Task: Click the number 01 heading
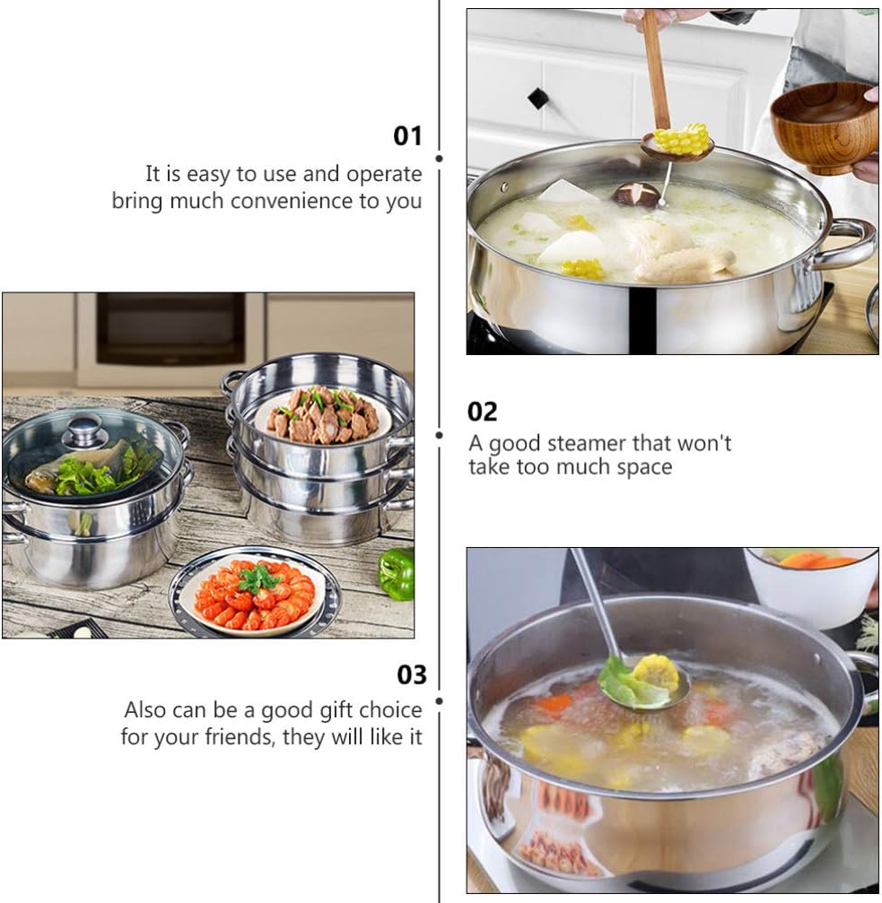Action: [x=407, y=136]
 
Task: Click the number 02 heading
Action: [x=482, y=412]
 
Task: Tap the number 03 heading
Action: [x=411, y=674]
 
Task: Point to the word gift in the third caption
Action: [x=340, y=710]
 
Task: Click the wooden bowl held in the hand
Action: [x=825, y=127]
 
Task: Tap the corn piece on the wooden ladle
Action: [x=680, y=139]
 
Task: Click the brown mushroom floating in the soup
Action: [x=635, y=194]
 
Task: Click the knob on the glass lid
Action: [x=85, y=430]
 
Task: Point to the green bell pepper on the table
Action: [x=397, y=573]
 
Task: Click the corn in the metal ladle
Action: [x=655, y=673]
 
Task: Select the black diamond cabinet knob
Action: [x=537, y=98]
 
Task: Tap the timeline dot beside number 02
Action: [x=440, y=436]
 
